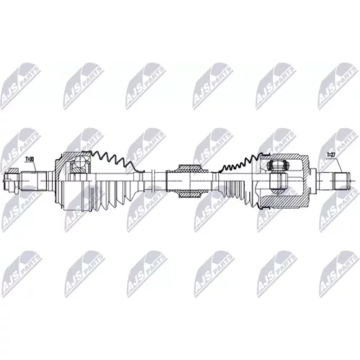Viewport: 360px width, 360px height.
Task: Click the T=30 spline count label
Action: (30, 159)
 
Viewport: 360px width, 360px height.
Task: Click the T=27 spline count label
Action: (330, 155)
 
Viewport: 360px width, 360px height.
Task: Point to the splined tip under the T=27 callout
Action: (341, 181)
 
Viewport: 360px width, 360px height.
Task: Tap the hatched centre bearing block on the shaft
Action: (189, 181)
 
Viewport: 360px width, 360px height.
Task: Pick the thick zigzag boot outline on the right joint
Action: (240, 163)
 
